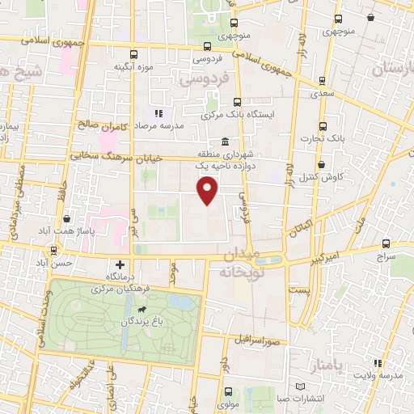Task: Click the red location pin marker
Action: tap(208, 190)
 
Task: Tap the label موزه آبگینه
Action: tap(134, 65)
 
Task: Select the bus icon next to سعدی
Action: tap(323, 80)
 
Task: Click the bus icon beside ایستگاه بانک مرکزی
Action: tap(237, 102)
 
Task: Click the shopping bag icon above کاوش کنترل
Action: tap(323, 164)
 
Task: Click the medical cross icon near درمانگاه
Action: tap(120, 264)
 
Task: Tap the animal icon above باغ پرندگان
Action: tap(143, 310)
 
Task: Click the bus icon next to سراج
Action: tap(387, 243)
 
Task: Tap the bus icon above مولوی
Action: tap(227, 391)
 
